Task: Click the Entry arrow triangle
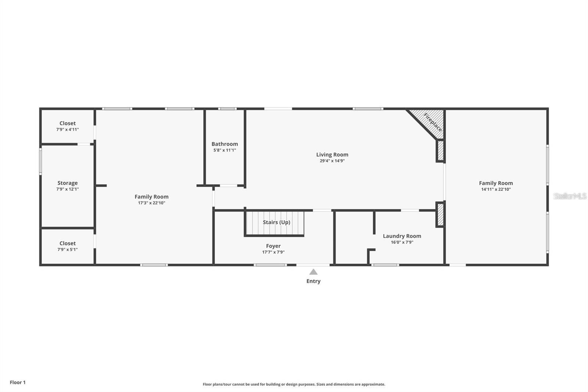[313, 272]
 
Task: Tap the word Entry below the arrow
[313, 281]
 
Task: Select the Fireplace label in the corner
[433, 122]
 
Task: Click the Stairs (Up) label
[276, 222]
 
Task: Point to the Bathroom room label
[225, 144]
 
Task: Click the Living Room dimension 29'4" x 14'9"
[332, 161]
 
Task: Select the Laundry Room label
[402, 236]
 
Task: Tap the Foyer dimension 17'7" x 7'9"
[273, 252]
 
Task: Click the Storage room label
[68, 183]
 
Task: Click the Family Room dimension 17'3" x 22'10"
[151, 203]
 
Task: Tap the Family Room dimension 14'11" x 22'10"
[496, 189]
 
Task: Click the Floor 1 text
[18, 382]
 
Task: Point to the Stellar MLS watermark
[570, 196]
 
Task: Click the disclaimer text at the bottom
[294, 384]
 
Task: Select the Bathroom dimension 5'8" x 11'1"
[225, 150]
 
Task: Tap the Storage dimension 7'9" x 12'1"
[68, 189]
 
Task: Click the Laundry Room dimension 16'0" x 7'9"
[402, 242]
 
